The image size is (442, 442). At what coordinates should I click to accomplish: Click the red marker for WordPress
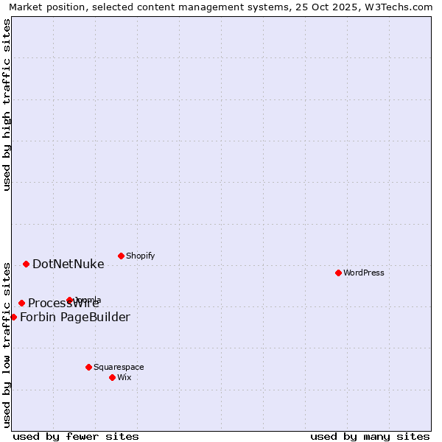coord(338,273)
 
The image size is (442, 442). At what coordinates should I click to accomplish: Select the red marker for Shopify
coord(121,256)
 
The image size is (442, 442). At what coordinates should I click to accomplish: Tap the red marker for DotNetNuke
coord(26,264)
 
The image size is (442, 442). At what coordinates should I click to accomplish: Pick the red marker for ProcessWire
coord(21,303)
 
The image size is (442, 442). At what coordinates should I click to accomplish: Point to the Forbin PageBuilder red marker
coord(13,317)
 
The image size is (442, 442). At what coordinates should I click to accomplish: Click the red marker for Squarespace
coord(88,367)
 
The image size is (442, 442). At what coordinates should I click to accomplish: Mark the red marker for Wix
coord(112,377)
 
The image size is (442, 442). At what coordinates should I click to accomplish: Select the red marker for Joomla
coord(70,300)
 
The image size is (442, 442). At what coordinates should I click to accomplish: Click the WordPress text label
coord(364,273)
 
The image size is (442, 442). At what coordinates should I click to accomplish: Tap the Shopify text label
coord(140,256)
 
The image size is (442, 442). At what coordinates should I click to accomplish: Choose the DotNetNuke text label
coord(68,264)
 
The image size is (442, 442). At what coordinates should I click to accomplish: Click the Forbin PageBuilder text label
coord(74,318)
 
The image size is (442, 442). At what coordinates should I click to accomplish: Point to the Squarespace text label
coord(119,367)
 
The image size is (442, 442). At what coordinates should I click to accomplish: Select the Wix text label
coord(124,377)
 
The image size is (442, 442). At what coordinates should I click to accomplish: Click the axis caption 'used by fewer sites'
coord(76,436)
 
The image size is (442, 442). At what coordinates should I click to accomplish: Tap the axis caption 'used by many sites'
coord(370,436)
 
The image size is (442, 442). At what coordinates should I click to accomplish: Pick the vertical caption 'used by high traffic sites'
coord(7,105)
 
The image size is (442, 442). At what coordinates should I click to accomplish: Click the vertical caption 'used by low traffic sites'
coord(7,344)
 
